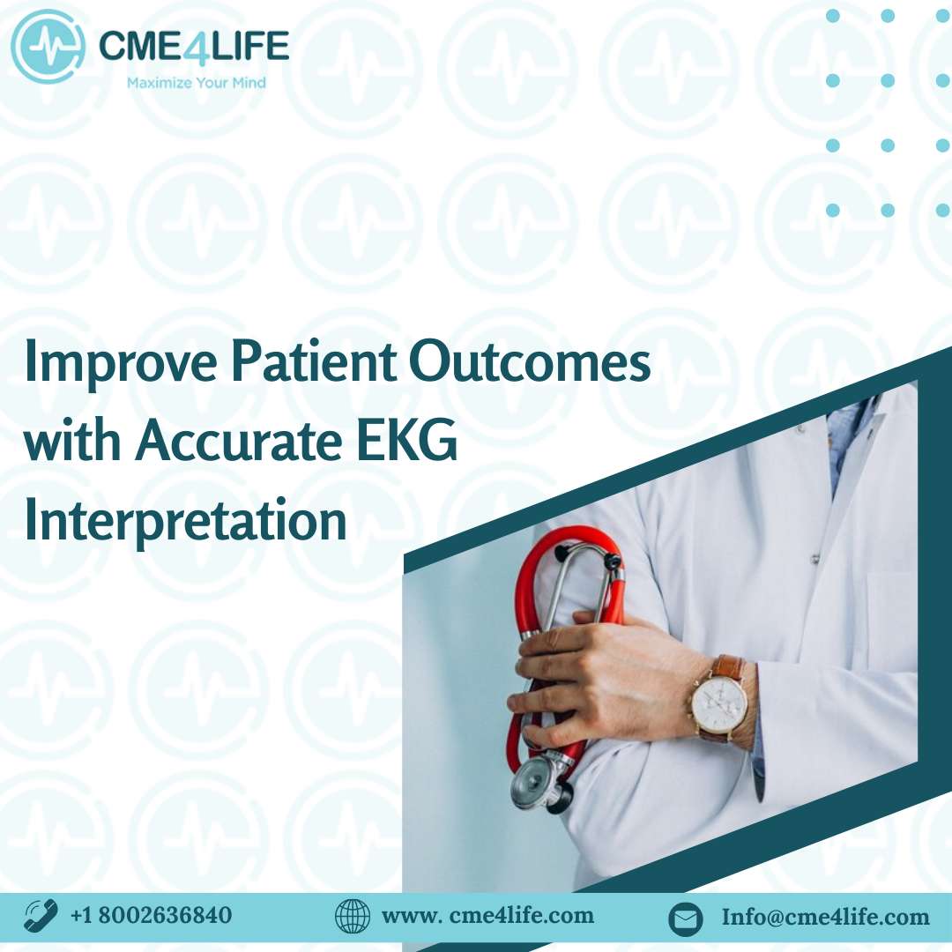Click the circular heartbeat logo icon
[x=48, y=47]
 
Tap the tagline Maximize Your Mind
[x=196, y=83]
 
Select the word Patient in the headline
[x=315, y=362]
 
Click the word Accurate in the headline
[x=239, y=441]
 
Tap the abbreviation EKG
[x=406, y=440]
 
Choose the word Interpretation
[x=185, y=520]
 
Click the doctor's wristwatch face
[x=719, y=703]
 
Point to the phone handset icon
[x=41, y=916]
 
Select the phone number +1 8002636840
[x=152, y=915]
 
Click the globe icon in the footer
[x=353, y=916]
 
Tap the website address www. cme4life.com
[x=487, y=915]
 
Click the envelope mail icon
[x=686, y=918]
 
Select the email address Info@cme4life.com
[x=825, y=916]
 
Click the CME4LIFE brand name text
[x=194, y=46]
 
